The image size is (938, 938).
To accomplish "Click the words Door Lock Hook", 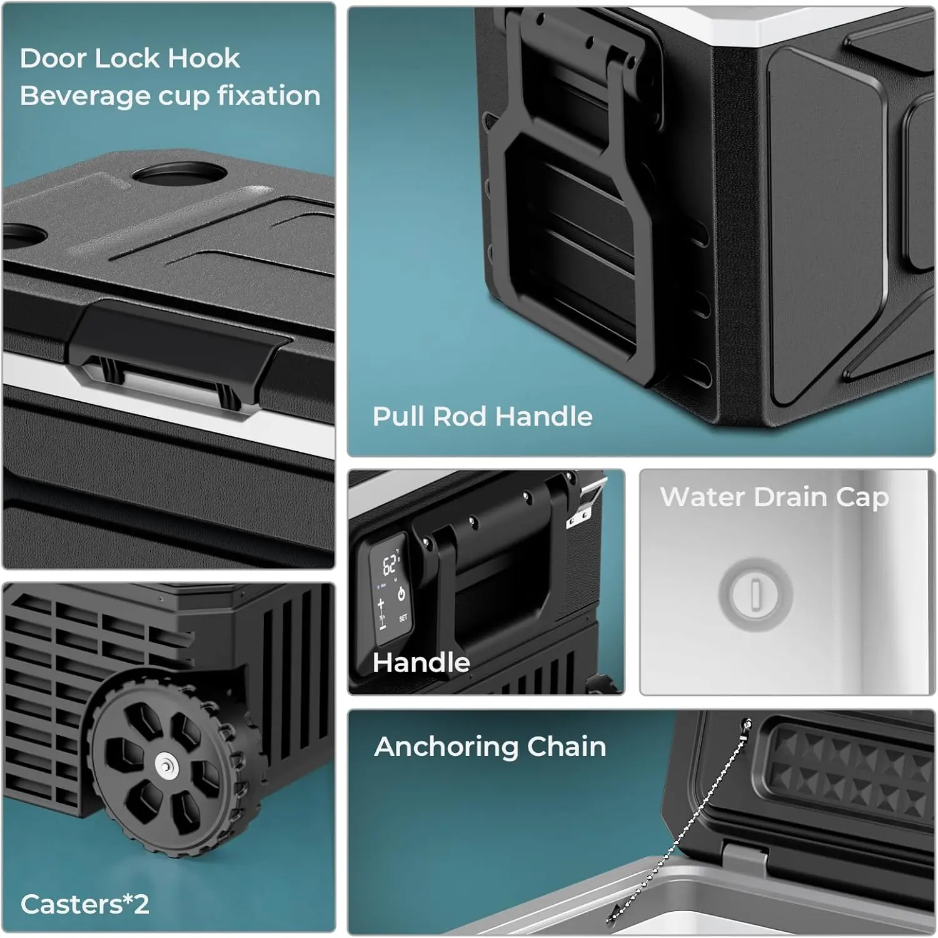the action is pyautogui.click(x=129, y=59).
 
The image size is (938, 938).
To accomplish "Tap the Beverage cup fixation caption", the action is pyautogui.click(x=170, y=96).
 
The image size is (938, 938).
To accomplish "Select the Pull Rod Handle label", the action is pyautogui.click(x=482, y=417).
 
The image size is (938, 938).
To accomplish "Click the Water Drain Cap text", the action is pyautogui.click(x=774, y=497).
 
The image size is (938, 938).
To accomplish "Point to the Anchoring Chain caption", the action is pyautogui.click(x=490, y=747).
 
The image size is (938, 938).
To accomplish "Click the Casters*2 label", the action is pyautogui.click(x=84, y=904).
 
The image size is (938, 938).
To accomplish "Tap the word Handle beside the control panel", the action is pyautogui.click(x=421, y=663).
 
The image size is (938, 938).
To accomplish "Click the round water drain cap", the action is pyautogui.click(x=755, y=594).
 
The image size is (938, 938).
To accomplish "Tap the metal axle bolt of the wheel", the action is pyautogui.click(x=165, y=765).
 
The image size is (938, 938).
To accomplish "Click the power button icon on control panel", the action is pyautogui.click(x=401, y=594).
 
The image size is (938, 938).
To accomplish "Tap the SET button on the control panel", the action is pyautogui.click(x=403, y=618).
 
